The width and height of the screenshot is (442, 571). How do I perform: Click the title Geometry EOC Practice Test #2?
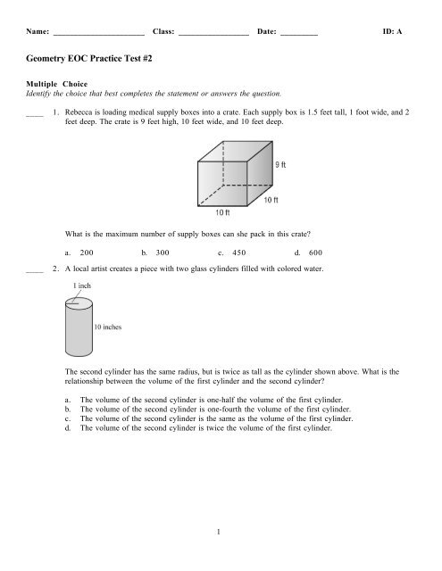86,57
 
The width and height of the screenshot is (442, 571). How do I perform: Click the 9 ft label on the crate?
280,164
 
